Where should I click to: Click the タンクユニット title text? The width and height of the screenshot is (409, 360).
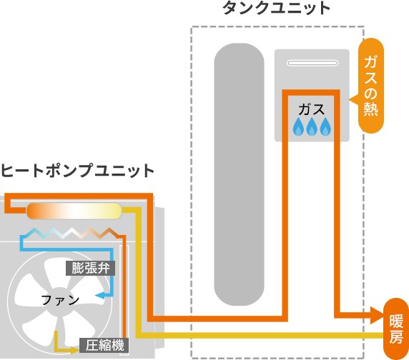tap(276, 8)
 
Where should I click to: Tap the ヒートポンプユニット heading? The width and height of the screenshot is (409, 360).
tap(77, 171)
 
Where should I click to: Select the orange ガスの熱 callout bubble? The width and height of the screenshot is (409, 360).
tap(370, 86)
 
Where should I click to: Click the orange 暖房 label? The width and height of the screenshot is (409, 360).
tap(396, 329)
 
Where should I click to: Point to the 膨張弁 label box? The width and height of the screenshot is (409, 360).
tap(90, 268)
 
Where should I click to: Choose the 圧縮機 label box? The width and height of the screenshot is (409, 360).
tap(104, 346)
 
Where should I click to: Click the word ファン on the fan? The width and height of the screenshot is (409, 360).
tap(60, 300)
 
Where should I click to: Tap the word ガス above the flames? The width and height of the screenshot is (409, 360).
tap(312, 109)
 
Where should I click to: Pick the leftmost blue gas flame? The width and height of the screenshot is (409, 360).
tap(298, 126)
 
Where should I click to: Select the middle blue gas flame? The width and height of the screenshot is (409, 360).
tap(312, 126)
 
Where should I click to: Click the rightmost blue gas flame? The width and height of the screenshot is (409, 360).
tap(325, 126)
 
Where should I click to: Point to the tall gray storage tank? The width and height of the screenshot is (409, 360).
tap(240, 174)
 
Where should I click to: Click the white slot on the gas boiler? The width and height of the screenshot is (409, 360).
tap(312, 63)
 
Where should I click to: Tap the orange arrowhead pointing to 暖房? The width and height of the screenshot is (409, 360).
tap(377, 315)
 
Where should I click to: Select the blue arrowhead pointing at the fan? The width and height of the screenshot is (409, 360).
tap(99, 296)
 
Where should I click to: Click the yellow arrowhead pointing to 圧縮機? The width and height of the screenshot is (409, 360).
tap(75, 350)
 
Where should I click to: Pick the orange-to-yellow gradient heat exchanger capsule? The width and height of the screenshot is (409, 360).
tap(74, 211)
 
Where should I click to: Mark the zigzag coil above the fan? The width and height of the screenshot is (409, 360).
tap(70, 233)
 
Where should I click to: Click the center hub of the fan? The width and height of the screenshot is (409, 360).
tap(59, 300)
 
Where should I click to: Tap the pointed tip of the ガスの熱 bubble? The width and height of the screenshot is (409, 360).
tap(350, 99)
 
